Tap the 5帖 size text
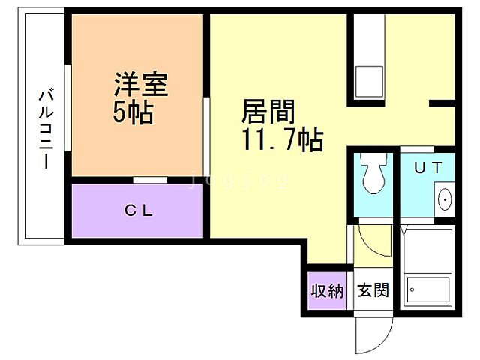[x=133, y=112]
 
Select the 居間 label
[x=267, y=112]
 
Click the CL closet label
[x=138, y=211]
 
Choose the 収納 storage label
[x=328, y=290]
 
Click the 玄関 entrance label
[x=373, y=290]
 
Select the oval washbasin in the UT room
[x=444, y=199]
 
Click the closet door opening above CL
[x=150, y=179]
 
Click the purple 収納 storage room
[x=328, y=289]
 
